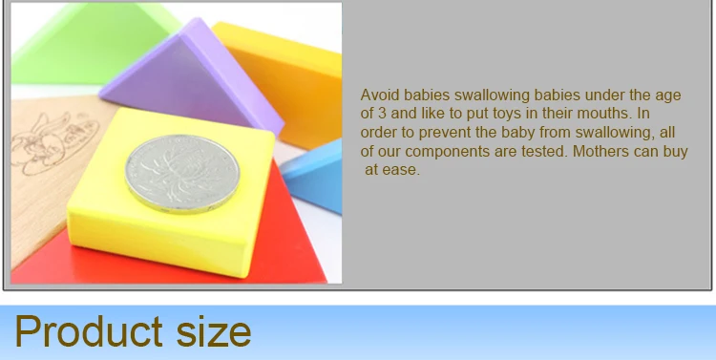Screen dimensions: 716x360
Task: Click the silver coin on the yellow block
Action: (x=182, y=174)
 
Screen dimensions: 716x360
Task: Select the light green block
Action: (x=92, y=43)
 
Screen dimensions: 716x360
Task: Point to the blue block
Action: (x=315, y=176)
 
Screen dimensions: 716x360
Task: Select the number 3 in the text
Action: (x=382, y=113)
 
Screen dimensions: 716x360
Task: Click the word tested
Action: (x=545, y=151)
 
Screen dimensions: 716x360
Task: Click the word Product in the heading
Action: (x=89, y=331)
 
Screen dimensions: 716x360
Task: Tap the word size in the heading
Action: (x=214, y=331)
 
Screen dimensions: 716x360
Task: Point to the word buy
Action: (x=675, y=151)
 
